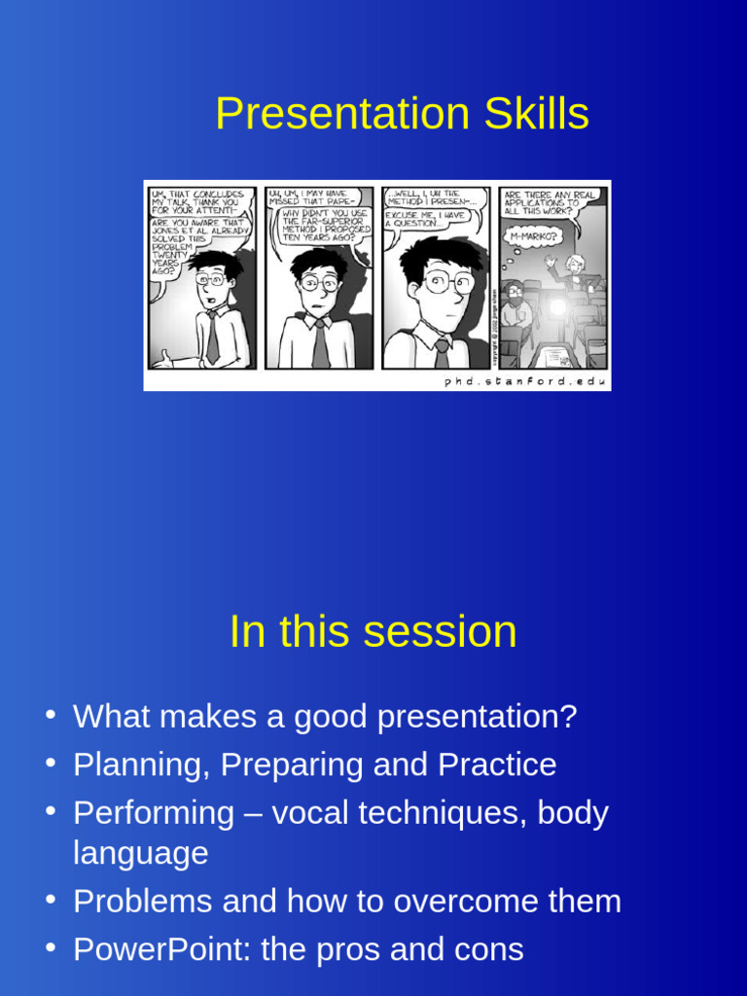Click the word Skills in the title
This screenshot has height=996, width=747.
529,115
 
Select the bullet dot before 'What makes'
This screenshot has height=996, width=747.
50,715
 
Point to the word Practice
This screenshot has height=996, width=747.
497,765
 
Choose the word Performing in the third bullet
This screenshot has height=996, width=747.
154,813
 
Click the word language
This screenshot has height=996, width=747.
140,853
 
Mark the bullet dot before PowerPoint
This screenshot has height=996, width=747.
50,948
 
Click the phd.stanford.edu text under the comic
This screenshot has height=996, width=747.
525,381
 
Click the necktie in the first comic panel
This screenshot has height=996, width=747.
212,336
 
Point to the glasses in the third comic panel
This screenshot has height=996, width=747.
448,283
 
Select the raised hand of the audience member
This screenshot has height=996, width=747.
550,261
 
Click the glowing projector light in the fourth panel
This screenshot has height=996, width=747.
558,307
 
